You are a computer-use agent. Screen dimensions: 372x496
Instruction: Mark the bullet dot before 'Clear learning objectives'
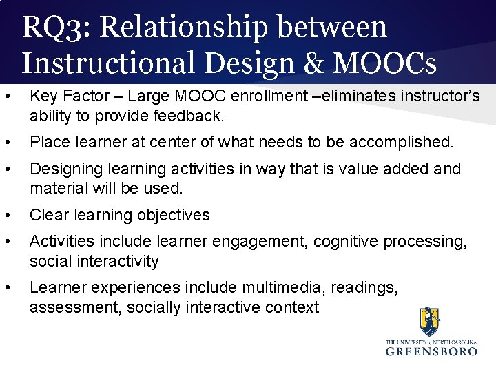tap(7, 215)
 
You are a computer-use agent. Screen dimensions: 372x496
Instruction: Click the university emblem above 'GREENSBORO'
tap(429, 322)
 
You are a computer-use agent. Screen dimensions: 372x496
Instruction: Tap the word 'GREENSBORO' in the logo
tap(431, 351)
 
